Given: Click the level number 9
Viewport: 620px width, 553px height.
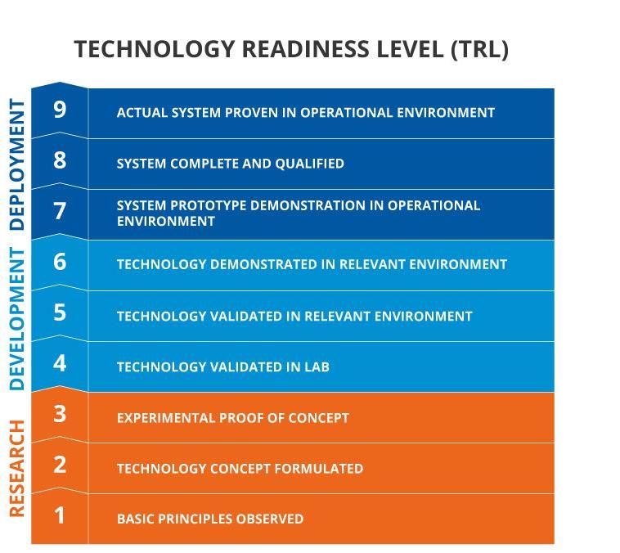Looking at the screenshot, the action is pos(60,110).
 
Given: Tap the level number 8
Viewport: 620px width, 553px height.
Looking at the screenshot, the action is pos(60,160).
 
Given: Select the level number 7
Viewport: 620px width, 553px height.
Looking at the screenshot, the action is pos(60,211).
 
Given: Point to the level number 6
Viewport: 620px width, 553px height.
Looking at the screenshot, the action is pos(60,262).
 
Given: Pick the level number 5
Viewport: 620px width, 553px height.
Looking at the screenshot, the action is pos(60,312).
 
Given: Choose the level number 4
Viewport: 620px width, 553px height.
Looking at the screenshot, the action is pos(60,363).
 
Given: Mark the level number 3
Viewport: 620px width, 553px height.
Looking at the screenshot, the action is pos(60,414).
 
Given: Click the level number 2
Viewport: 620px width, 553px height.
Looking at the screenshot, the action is pos(60,465).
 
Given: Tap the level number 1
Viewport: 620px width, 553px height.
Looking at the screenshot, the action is pos(60,515).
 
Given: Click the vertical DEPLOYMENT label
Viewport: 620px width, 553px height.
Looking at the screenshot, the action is pos(17,164).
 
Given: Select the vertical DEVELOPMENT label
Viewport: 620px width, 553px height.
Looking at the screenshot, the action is pos(17,319).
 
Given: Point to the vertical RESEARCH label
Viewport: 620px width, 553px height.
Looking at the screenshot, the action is pos(17,469).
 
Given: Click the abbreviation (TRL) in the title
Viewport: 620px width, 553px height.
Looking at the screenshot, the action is pos(479,49).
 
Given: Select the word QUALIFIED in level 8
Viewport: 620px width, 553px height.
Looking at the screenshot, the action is pos(310,164).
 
